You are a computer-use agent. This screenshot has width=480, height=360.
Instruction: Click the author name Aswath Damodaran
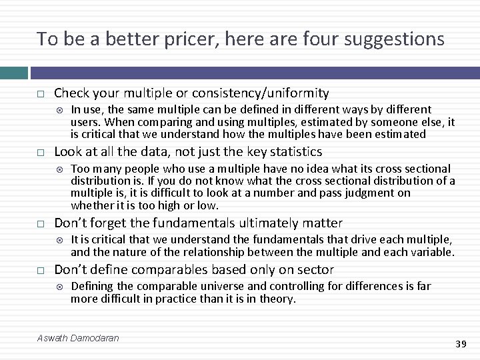pyautogui.click(x=79, y=338)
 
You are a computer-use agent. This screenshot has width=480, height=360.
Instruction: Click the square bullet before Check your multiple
pyautogui.click(x=41, y=94)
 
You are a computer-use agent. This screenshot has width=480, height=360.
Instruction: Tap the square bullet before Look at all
pyautogui.click(x=41, y=152)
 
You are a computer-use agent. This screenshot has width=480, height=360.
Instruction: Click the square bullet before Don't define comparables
pyautogui.click(x=41, y=271)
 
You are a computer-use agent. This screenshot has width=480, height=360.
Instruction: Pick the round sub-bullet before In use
pyautogui.click(x=59, y=110)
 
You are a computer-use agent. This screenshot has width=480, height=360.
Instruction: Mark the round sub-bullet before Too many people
pyautogui.click(x=59, y=169)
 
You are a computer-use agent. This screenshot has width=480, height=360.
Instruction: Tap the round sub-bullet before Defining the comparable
pyautogui.click(x=59, y=287)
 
